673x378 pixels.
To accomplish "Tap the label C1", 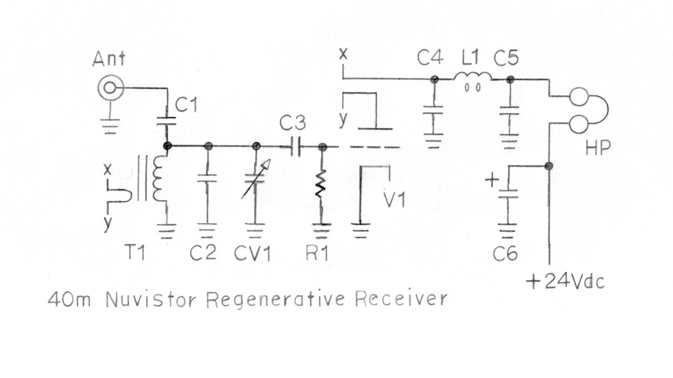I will tap(186, 105).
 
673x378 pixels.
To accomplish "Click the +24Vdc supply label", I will tap(564, 282).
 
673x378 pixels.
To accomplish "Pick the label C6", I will tap(506, 253).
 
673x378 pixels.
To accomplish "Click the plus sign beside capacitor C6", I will tap(493, 182).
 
